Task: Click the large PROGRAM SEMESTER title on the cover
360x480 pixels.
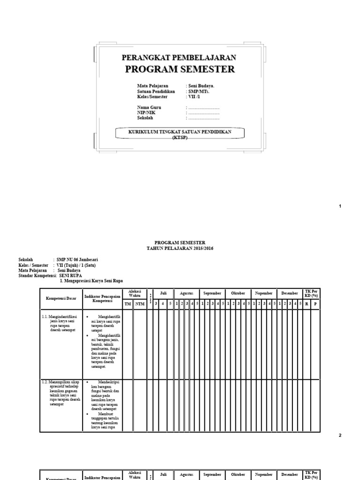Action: coord(180,70)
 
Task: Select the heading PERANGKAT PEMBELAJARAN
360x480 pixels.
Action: coord(179,58)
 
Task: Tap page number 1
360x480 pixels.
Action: coord(340,206)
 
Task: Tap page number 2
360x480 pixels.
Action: coord(340,435)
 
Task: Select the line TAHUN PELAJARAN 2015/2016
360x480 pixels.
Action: coord(180,248)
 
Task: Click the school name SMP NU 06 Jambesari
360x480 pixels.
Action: coord(77,260)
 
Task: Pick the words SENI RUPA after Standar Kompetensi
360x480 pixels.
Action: coord(69,276)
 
